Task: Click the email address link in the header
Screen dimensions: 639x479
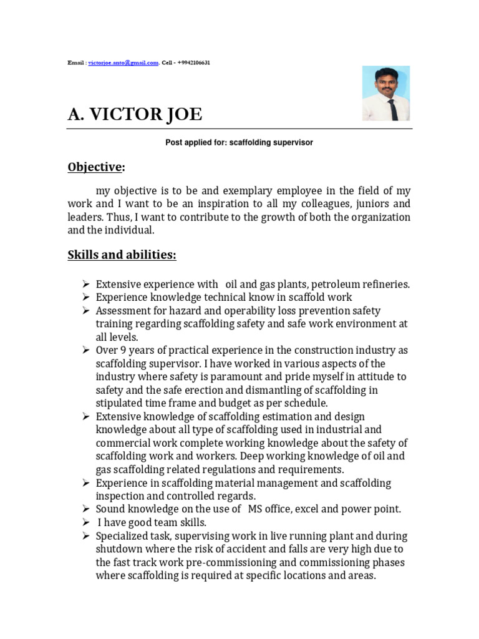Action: pyautogui.click(x=123, y=63)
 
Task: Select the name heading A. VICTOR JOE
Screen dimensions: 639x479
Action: pyautogui.click(x=135, y=115)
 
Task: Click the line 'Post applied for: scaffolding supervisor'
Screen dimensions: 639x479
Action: pyautogui.click(x=239, y=143)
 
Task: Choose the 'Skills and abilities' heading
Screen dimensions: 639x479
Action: pyautogui.click(x=122, y=255)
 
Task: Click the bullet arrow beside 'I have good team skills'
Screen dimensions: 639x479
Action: pyautogui.click(x=86, y=522)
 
